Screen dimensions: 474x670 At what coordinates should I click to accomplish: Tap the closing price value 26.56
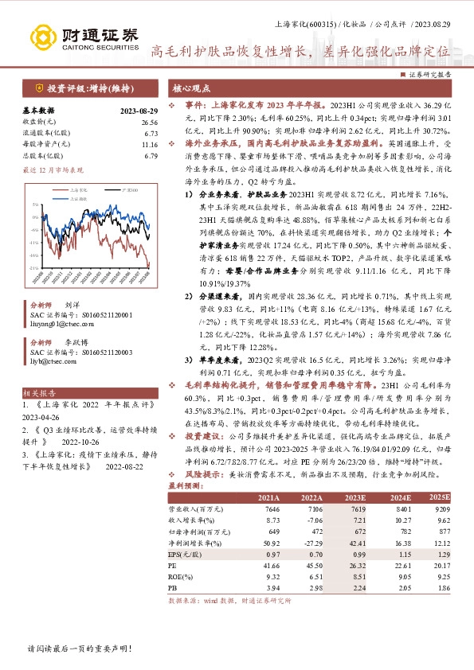(x=150, y=122)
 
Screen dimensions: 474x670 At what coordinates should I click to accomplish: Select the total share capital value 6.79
(x=151, y=157)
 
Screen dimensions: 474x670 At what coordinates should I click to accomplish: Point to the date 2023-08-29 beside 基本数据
(x=140, y=110)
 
